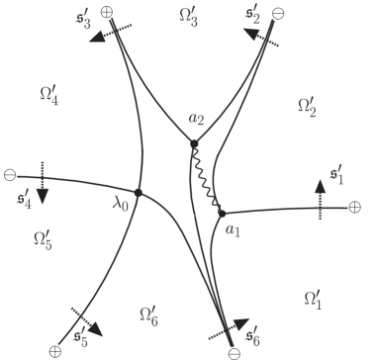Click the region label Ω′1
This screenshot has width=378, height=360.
pos(311,298)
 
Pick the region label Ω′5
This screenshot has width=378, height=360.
pos(44,238)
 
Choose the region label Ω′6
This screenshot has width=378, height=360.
pos(145,315)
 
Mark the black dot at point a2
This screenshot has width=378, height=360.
pos(194,144)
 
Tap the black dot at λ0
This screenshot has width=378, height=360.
pos(139,192)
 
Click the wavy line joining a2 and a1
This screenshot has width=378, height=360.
pos(209,179)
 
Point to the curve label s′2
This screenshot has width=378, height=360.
pos(253,17)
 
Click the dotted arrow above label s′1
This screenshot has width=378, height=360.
pos(320,195)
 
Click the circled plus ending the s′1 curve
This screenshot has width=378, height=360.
pos(354,207)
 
